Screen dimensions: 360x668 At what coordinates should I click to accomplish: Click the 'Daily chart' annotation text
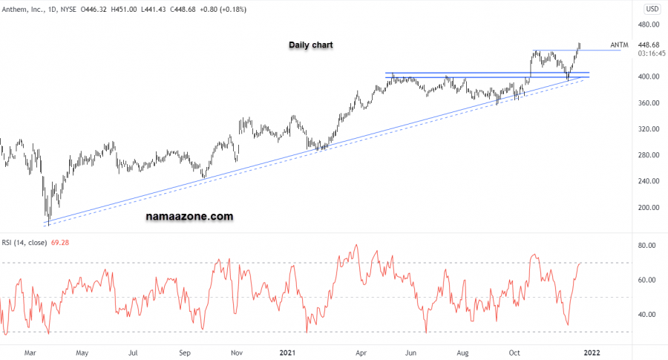coord(311,45)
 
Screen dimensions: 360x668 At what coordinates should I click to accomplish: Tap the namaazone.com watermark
coord(189,217)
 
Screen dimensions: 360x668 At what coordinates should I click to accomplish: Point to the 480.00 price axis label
coord(651,24)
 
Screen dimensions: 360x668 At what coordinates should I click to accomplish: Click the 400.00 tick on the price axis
coord(651,76)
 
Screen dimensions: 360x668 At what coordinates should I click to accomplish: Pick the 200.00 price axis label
coord(651,207)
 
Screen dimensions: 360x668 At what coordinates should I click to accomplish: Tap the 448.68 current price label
coord(651,44)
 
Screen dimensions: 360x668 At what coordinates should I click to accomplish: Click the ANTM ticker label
coord(619,45)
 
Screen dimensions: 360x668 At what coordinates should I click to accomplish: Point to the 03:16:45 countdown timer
coord(651,53)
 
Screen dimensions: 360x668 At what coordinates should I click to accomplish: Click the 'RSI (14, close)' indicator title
coord(25,243)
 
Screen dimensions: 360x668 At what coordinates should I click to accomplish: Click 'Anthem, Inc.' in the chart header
coord(24,10)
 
